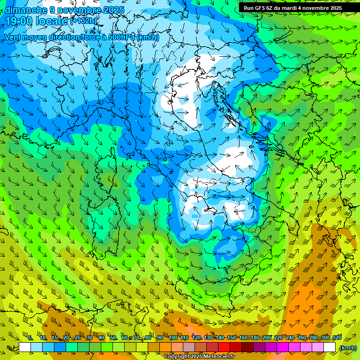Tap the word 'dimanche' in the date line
coord(23,10)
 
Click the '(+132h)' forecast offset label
coord(83,21)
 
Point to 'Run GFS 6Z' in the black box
coord(259,8)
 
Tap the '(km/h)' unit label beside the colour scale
coord(348,348)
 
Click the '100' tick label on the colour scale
coord(172,337)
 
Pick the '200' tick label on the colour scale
coord(266,337)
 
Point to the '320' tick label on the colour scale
coord(337,337)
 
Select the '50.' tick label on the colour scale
coord(113,337)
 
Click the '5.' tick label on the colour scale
coord(30,337)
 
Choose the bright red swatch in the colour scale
coord(224,347)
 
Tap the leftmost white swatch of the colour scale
coord(25,347)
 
